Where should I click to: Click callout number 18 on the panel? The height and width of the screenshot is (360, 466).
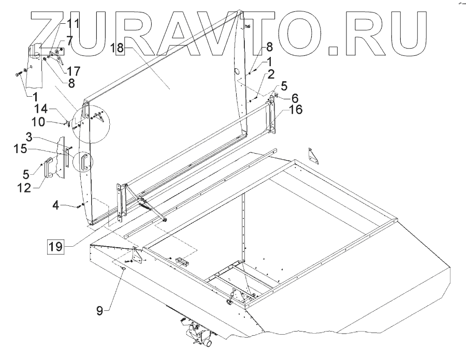118,48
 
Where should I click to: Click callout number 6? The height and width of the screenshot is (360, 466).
294,98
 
